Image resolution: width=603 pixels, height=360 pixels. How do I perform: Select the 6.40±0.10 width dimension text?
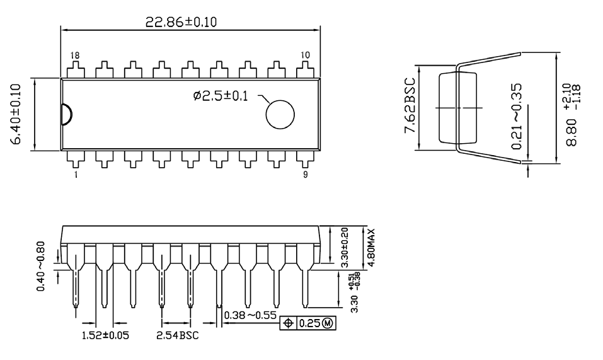click(17, 113)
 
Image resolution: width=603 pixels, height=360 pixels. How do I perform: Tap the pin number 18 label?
click(75, 55)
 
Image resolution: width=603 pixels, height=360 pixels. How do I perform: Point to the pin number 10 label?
click(305, 55)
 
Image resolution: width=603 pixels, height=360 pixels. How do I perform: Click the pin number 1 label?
click(76, 175)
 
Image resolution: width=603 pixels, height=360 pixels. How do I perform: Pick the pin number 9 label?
click(306, 175)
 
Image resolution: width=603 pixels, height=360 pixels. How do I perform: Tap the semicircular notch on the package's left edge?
click(66, 114)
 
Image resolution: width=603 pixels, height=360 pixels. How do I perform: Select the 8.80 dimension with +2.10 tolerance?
click(571, 115)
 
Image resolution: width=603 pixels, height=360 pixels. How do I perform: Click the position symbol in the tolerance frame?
click(289, 323)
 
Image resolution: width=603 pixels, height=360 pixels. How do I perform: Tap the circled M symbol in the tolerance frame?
click(328, 323)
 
